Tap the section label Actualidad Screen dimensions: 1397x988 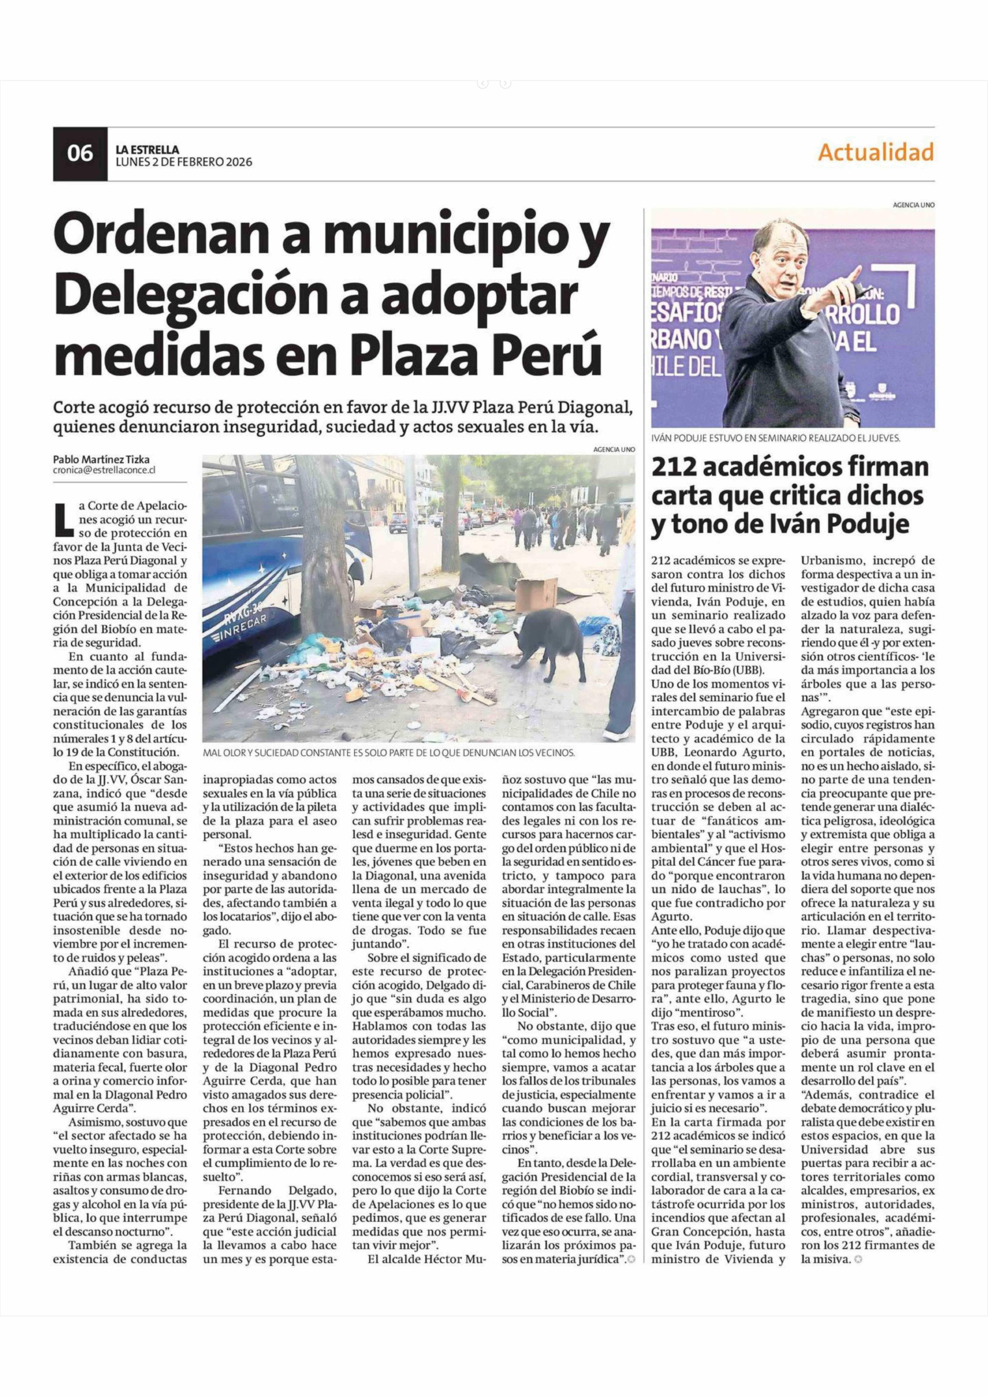(x=876, y=152)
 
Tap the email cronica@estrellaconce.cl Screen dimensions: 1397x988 (x=104, y=470)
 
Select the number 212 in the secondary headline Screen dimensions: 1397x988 (x=675, y=468)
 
